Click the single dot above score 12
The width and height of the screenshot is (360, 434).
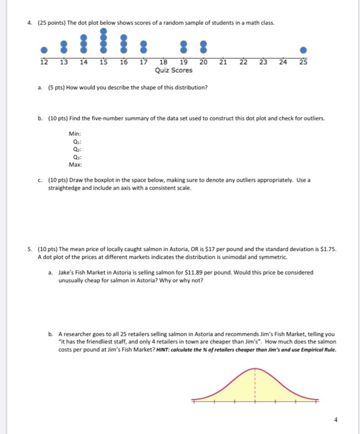click(x=43, y=50)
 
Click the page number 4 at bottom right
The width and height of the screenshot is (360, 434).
click(x=336, y=419)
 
